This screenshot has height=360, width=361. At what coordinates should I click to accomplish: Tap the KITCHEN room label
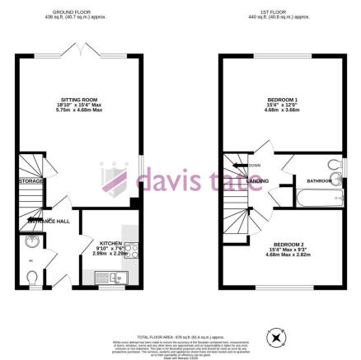click(111, 244)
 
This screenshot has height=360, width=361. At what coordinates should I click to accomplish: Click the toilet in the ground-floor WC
click(31, 278)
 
